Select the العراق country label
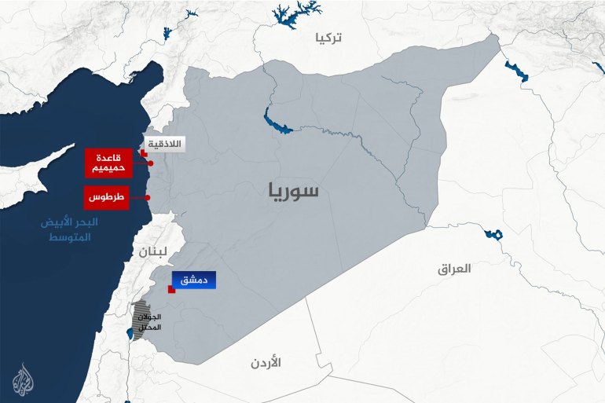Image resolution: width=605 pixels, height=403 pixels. [x=454, y=269]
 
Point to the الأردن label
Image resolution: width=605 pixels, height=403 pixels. [x=266, y=363]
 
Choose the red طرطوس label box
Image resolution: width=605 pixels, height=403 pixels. [x=106, y=197]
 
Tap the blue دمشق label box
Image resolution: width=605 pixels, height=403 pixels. [x=194, y=280]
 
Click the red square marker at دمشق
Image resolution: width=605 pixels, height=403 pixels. [x=170, y=289]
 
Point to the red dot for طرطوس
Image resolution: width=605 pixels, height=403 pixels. [x=148, y=197]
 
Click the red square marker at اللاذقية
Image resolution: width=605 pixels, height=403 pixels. [x=143, y=155]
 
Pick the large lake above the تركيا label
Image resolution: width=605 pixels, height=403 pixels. [x=295, y=13]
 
